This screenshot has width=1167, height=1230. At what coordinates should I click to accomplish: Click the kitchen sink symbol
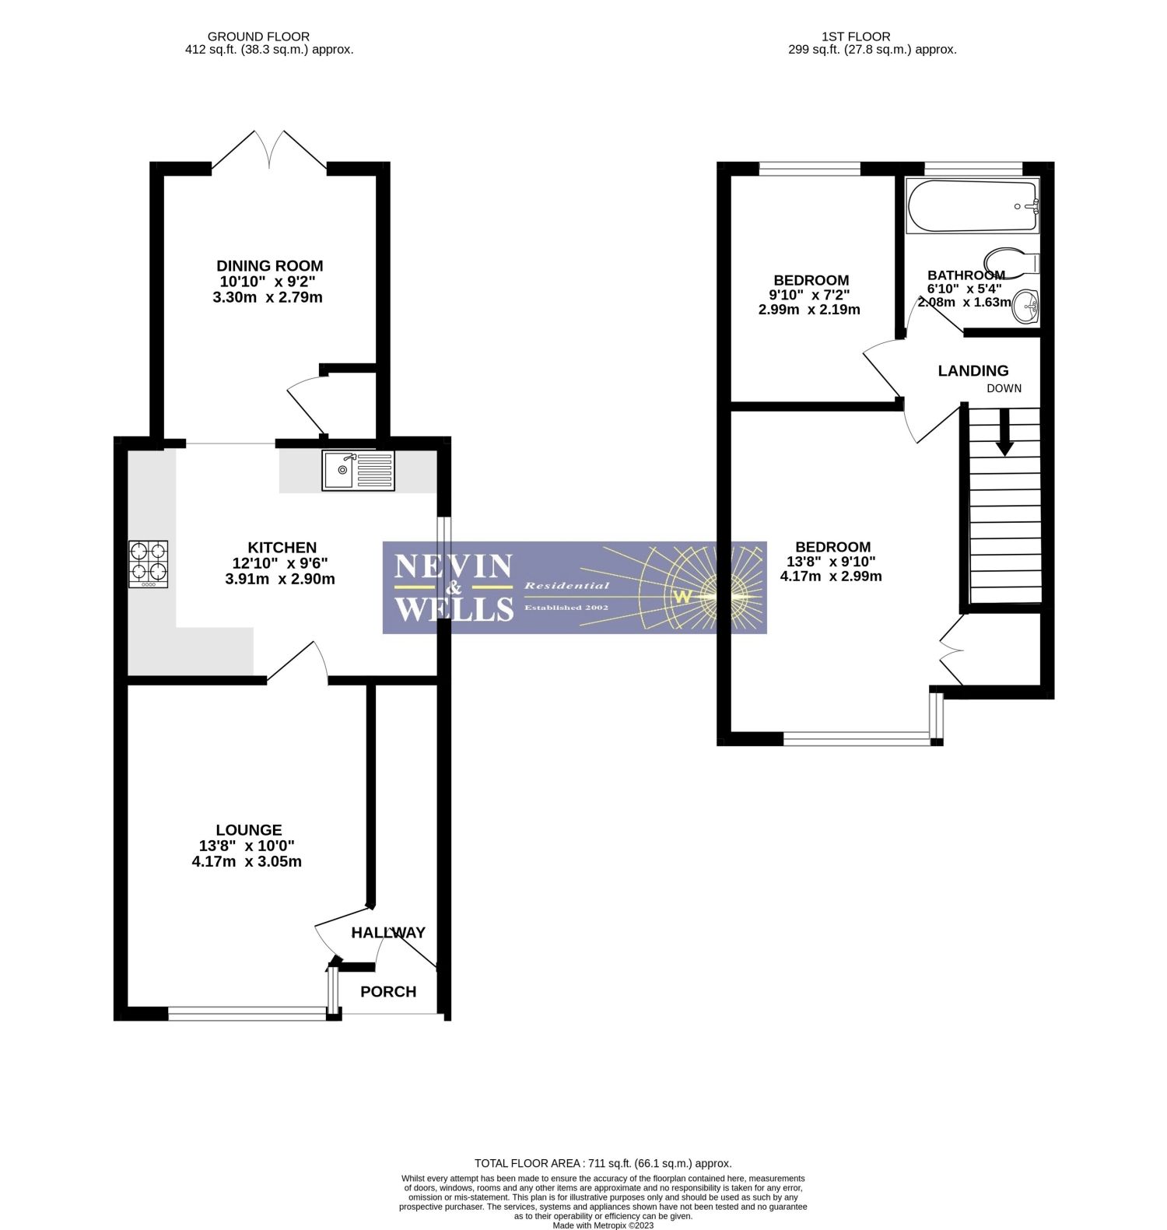(358, 471)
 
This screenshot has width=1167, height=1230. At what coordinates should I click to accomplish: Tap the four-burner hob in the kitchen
(148, 564)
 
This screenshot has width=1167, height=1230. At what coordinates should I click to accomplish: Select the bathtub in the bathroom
(972, 206)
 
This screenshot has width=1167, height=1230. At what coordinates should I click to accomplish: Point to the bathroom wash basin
(1026, 306)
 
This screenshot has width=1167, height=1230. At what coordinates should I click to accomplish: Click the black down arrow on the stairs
(1004, 433)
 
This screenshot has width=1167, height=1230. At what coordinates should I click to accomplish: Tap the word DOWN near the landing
(1004, 388)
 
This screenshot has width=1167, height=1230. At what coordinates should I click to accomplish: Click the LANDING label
(972, 371)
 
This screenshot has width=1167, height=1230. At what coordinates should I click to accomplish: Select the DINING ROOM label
(269, 266)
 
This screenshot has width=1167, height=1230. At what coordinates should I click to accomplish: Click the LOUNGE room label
(249, 830)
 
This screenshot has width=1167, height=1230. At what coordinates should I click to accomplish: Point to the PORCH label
(388, 991)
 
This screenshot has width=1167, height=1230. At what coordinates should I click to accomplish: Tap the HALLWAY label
(388, 932)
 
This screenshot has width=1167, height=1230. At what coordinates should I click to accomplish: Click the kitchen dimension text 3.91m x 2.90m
(280, 579)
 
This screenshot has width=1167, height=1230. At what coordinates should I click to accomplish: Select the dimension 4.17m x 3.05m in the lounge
(247, 861)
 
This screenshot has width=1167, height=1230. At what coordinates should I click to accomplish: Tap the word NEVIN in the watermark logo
(454, 566)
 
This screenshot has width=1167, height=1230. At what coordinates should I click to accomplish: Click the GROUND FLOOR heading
(258, 37)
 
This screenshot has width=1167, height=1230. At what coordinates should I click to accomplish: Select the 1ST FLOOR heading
(856, 37)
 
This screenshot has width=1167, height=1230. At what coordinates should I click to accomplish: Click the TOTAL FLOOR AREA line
(603, 1164)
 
